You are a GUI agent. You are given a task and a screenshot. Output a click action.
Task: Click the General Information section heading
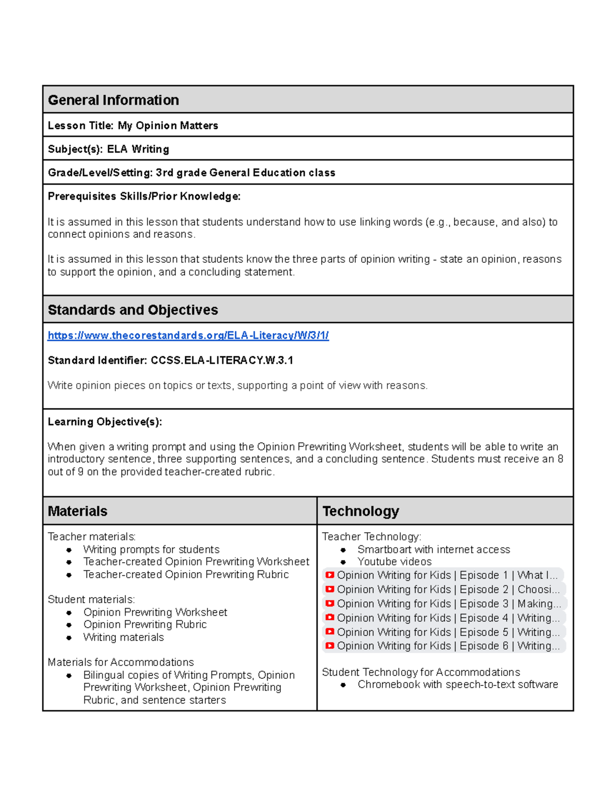[113, 100]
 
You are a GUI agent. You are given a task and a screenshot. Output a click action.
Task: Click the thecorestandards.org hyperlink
[188, 336]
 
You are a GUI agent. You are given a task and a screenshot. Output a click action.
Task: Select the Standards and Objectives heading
[133, 310]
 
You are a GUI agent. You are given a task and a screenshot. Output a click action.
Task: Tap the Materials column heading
[77, 511]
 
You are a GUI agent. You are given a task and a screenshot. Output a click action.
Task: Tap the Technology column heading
[361, 511]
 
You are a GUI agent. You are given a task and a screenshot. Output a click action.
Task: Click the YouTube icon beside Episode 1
[330, 575]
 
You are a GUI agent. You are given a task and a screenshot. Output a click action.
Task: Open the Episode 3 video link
[448, 604]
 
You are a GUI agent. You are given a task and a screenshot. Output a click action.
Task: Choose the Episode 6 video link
[448, 646]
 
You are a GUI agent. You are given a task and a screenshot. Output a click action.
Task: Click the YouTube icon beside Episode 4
[330, 618]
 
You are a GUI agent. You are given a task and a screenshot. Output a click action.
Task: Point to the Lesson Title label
[80, 126]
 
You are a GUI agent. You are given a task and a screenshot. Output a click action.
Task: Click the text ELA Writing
[138, 149]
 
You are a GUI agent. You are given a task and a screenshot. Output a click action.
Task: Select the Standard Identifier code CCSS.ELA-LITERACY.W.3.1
[222, 360]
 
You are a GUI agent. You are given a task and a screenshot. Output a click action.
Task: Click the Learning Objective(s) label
[105, 422]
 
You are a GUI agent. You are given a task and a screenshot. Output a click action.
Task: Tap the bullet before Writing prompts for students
[69, 550]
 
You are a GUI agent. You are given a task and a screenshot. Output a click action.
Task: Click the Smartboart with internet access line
[433, 549]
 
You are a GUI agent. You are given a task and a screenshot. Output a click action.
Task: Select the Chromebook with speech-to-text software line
[457, 684]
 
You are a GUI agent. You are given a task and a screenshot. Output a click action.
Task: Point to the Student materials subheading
[91, 599]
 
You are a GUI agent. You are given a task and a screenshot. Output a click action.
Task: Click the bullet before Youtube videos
[343, 562]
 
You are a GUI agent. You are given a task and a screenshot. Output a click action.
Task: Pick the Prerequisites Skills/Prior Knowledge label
[144, 197]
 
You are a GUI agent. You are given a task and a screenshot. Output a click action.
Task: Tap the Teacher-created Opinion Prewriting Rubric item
[186, 575]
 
